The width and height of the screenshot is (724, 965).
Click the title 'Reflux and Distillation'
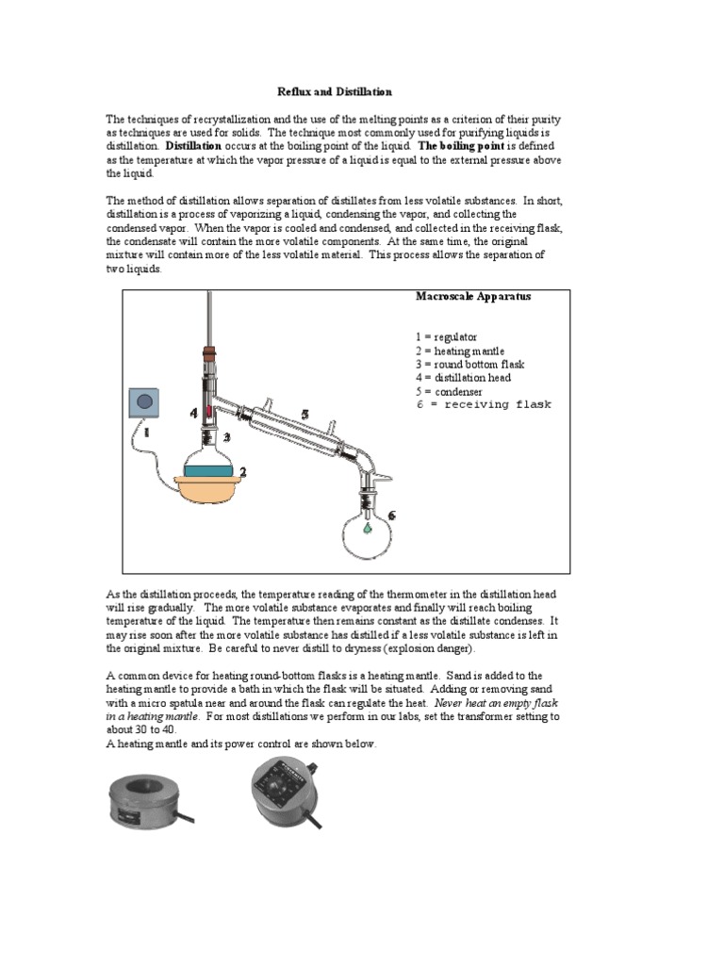(x=334, y=91)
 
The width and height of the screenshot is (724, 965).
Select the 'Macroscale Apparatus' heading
(x=473, y=296)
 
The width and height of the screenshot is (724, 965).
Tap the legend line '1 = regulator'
(x=446, y=336)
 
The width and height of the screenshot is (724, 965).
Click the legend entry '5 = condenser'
(x=449, y=391)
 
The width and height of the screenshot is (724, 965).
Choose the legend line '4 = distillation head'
(x=463, y=378)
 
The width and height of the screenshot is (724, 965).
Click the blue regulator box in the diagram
(x=145, y=403)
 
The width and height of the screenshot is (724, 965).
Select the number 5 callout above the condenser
(x=304, y=414)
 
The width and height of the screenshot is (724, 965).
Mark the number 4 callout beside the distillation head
(x=193, y=413)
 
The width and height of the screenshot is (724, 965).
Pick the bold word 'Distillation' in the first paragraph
(x=193, y=147)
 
